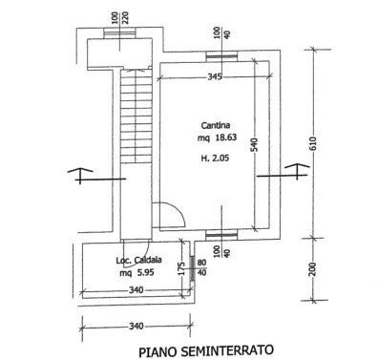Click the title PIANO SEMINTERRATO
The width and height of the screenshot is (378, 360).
coord(206,351)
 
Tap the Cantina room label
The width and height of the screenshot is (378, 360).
coord(216,125)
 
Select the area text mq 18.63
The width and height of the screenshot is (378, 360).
coord(217,138)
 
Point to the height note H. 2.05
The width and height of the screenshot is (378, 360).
coord(215,158)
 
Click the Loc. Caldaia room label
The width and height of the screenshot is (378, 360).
coord(138,261)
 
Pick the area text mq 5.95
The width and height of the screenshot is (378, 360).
coord(136,273)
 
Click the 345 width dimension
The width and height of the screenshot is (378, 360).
coord(215,76)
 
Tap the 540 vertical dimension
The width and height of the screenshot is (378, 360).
coord(255,145)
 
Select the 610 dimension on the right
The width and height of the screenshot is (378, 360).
coord(313,143)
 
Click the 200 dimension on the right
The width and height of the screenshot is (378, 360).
coord(313,269)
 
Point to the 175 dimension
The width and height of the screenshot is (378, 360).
coord(181,268)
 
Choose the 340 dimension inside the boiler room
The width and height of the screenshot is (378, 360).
coord(136,290)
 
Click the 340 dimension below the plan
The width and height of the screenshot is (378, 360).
coord(136,327)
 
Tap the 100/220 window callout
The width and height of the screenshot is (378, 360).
coord(120,18)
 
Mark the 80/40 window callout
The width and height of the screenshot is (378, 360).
coord(201,267)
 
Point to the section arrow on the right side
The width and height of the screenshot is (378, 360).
coord(297,171)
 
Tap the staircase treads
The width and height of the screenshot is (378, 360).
coord(136,116)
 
